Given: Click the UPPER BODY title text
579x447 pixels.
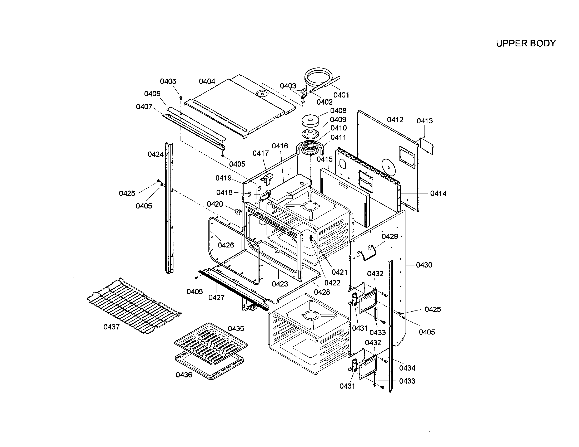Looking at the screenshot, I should [526, 43].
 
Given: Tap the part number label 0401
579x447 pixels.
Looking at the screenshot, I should [341, 95].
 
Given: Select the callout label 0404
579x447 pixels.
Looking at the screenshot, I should [207, 81].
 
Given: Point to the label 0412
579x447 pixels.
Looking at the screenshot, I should [395, 120].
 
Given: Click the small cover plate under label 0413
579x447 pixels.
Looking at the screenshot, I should [427, 146].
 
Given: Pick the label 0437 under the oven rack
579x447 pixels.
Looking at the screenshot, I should [111, 327].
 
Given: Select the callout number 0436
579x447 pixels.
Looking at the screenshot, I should [184, 375].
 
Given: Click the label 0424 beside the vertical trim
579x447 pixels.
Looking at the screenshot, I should [156, 154].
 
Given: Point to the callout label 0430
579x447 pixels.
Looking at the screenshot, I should [424, 265].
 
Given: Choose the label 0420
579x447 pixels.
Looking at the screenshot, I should [215, 204].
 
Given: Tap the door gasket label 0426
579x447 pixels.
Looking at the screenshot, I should [226, 245].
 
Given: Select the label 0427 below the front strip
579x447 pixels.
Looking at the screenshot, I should [216, 298].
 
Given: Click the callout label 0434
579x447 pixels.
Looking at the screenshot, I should [407, 368].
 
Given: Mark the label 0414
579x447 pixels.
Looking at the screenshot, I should [438, 193].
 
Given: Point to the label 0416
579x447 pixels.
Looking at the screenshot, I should [280, 146].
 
